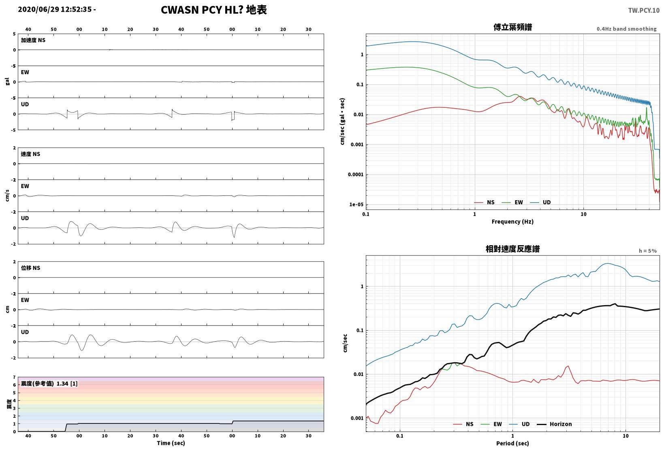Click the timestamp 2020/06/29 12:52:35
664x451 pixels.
click(55, 9)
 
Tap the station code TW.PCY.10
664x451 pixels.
click(644, 11)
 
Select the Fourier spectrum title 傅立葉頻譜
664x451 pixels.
click(512, 27)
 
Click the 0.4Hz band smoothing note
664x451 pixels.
click(627, 29)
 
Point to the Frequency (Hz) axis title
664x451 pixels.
click(512, 222)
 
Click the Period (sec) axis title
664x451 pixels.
click(512, 443)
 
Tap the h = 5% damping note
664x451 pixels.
click(648, 251)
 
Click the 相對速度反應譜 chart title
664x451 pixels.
click(512, 249)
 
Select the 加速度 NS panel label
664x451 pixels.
click(33, 40)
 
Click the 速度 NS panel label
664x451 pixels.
click(30, 154)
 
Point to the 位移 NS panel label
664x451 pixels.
click(30, 268)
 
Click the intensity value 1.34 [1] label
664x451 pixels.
click(67, 384)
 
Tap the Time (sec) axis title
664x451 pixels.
click(171, 443)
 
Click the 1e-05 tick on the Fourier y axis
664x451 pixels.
click(356, 205)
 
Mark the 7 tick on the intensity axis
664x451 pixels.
click(14, 377)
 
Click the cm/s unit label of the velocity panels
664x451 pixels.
click(7, 196)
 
